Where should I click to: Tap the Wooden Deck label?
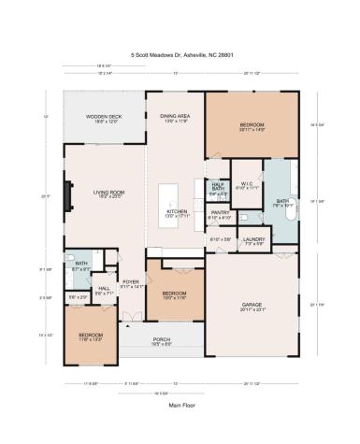pyautogui.click(x=103, y=118)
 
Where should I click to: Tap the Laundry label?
pyautogui.click(x=253, y=240)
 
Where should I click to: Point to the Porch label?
pyautogui.click(x=163, y=342)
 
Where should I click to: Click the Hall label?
pyautogui.click(x=104, y=291)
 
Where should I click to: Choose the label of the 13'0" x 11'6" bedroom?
pyautogui.click(x=175, y=295)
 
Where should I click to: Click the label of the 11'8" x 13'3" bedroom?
pyautogui.click(x=91, y=336)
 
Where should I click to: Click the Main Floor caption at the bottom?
pyautogui.click(x=180, y=405)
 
